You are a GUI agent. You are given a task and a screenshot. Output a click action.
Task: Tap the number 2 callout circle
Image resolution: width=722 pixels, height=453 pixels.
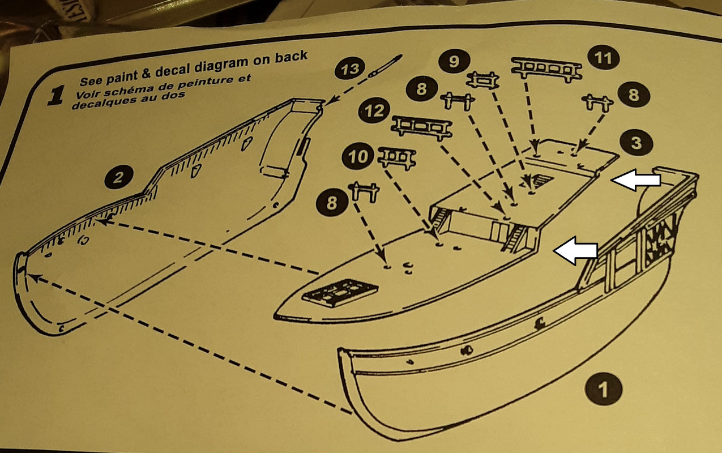(x=118, y=178)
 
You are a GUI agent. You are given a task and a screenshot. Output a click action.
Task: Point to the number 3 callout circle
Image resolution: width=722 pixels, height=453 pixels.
(x=635, y=143)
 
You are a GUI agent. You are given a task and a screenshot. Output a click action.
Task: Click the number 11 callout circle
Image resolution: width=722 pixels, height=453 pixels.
(x=604, y=59)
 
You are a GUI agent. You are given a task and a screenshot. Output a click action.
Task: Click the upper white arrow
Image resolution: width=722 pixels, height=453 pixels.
(x=638, y=181)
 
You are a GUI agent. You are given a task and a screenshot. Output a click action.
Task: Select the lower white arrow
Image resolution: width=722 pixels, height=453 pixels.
(x=575, y=251)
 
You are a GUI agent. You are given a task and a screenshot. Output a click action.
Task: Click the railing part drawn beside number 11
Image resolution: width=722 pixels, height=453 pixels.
(x=546, y=68)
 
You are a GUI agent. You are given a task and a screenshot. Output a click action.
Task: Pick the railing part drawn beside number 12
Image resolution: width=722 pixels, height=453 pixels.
(x=422, y=126)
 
